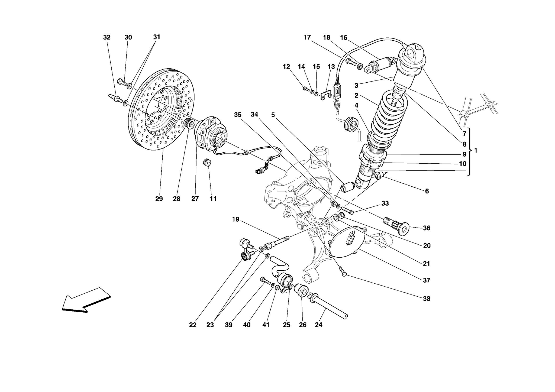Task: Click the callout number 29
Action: (x=159, y=199)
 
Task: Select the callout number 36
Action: (x=426, y=228)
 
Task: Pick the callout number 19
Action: (x=235, y=219)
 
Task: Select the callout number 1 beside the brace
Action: (x=476, y=150)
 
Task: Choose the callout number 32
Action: (x=107, y=37)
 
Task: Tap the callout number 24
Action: (x=318, y=325)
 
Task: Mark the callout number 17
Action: (x=307, y=37)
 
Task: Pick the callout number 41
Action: (x=266, y=325)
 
